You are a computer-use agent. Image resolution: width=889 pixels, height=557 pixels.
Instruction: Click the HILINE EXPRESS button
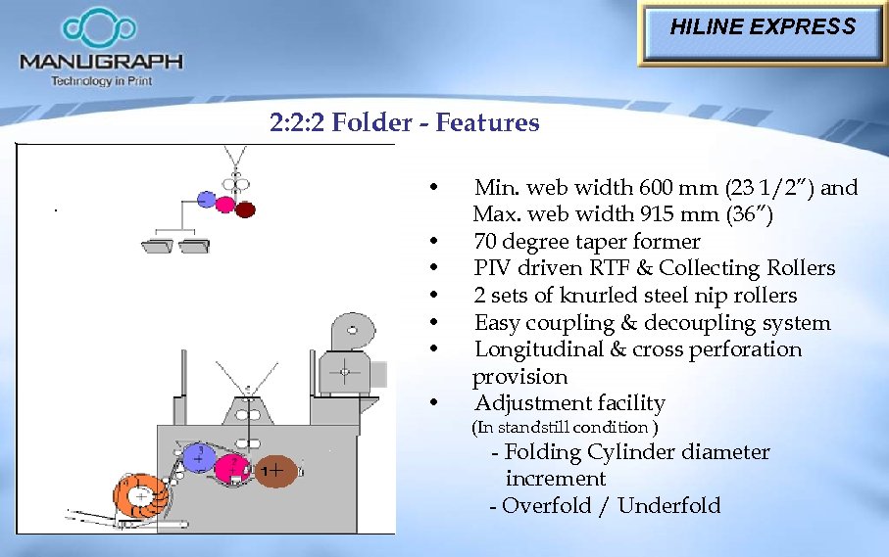tap(763, 27)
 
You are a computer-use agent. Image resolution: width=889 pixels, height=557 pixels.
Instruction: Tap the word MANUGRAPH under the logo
tap(101, 62)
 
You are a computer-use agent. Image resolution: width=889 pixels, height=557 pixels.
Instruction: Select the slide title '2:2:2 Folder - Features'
tap(404, 122)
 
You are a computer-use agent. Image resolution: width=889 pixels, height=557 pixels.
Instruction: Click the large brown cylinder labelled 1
tap(277, 472)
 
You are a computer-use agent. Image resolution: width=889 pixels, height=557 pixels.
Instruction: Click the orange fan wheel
tap(140, 497)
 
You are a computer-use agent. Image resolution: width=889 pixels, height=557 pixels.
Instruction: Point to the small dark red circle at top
tap(245, 208)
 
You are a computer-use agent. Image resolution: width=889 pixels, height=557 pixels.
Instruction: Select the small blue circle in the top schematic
tap(206, 200)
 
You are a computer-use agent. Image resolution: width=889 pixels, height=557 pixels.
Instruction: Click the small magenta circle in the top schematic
tap(225, 205)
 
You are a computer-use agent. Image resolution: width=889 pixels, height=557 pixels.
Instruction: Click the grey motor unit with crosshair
tap(345, 369)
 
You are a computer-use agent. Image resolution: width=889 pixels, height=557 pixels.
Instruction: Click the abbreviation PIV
tap(493, 268)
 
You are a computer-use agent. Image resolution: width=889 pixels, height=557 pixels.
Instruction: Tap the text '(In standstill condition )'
tap(565, 428)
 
